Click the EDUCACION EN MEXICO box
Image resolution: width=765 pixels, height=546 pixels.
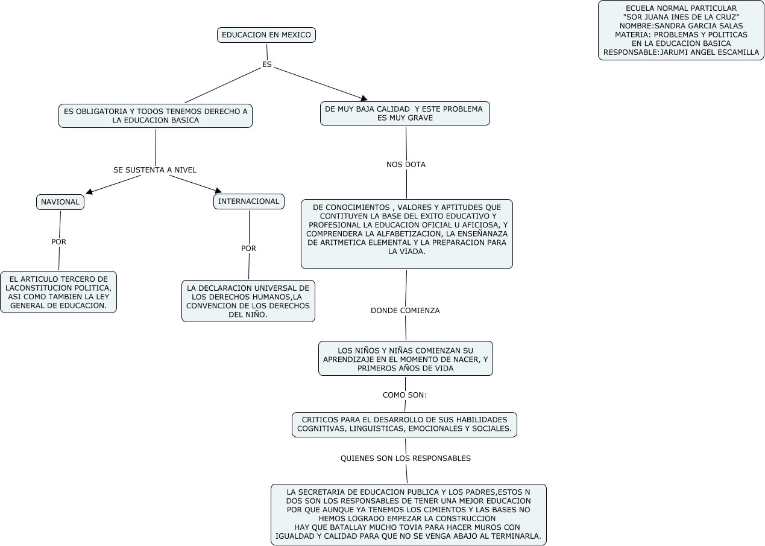coord(266,35)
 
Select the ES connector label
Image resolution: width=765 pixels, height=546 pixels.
coord(267,65)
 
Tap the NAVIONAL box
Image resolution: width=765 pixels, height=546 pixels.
coord(60,202)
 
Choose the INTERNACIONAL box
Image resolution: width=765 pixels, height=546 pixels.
coord(249,202)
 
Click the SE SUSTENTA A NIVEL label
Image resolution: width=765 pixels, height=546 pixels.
coord(155,170)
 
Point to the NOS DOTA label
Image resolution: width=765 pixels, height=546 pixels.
coord(406,164)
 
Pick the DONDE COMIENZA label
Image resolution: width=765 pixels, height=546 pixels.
coord(405,311)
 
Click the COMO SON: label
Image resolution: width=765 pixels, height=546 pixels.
coord(405,395)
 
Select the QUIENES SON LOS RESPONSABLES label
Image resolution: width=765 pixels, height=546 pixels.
coord(406,459)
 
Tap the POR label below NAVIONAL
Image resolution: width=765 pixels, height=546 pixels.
coord(59,242)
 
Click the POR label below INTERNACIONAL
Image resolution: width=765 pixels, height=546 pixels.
coord(248,248)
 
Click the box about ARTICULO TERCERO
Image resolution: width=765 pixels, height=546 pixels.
coord(58,292)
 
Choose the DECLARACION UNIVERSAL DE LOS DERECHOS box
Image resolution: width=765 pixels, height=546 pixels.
coord(248,301)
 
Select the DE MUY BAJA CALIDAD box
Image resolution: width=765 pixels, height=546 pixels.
coord(405,113)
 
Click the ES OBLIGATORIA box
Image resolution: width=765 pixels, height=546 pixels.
coord(156,116)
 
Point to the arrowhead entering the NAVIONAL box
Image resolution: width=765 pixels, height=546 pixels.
coord(89,192)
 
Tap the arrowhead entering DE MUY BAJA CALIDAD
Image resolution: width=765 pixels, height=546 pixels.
coord(364,98)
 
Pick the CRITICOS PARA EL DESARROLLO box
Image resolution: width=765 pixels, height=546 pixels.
coord(405,424)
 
